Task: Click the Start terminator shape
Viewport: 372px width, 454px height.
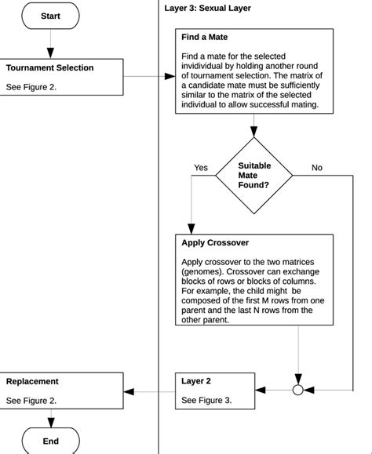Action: [50, 16]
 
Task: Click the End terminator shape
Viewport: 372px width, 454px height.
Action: [50, 441]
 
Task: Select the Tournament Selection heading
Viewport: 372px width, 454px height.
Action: [49, 67]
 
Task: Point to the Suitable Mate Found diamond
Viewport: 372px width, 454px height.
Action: [253, 176]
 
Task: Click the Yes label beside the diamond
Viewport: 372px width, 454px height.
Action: [201, 168]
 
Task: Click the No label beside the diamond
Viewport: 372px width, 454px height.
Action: [316, 168]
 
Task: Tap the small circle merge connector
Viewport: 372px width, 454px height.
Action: [298, 390]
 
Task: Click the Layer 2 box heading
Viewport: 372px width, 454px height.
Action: [196, 381]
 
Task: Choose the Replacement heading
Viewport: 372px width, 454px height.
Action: [32, 381]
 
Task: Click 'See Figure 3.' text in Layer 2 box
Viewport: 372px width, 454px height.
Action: [206, 400]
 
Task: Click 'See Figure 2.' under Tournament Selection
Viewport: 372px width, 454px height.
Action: [31, 87]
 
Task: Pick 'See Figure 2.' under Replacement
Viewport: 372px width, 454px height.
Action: [31, 400]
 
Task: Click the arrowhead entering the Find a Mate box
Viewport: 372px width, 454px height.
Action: [170, 77]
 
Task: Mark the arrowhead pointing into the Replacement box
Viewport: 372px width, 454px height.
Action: [129, 390]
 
